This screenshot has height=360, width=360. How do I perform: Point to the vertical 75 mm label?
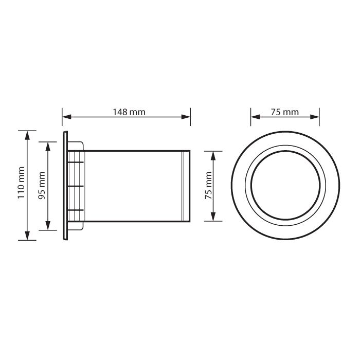tap(209, 186)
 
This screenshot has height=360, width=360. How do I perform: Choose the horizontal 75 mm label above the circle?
tap(284, 112)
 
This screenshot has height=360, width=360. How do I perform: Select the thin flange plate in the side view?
tap(65, 186)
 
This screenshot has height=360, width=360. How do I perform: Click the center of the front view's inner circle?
tap(284, 186)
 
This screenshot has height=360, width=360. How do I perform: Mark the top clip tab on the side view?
tap(76, 161)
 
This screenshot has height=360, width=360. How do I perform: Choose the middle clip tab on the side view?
tap(76, 185)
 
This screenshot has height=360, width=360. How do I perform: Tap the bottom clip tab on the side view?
tap(76, 210)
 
